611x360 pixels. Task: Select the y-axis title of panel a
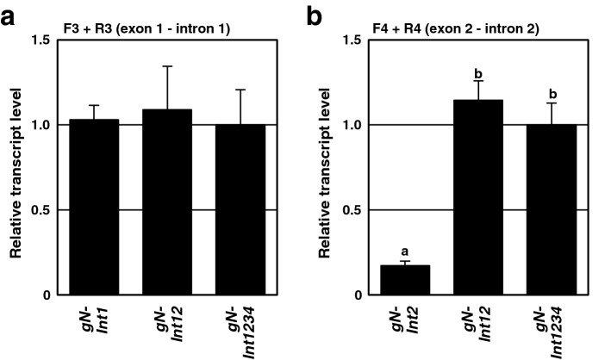(16, 167)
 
